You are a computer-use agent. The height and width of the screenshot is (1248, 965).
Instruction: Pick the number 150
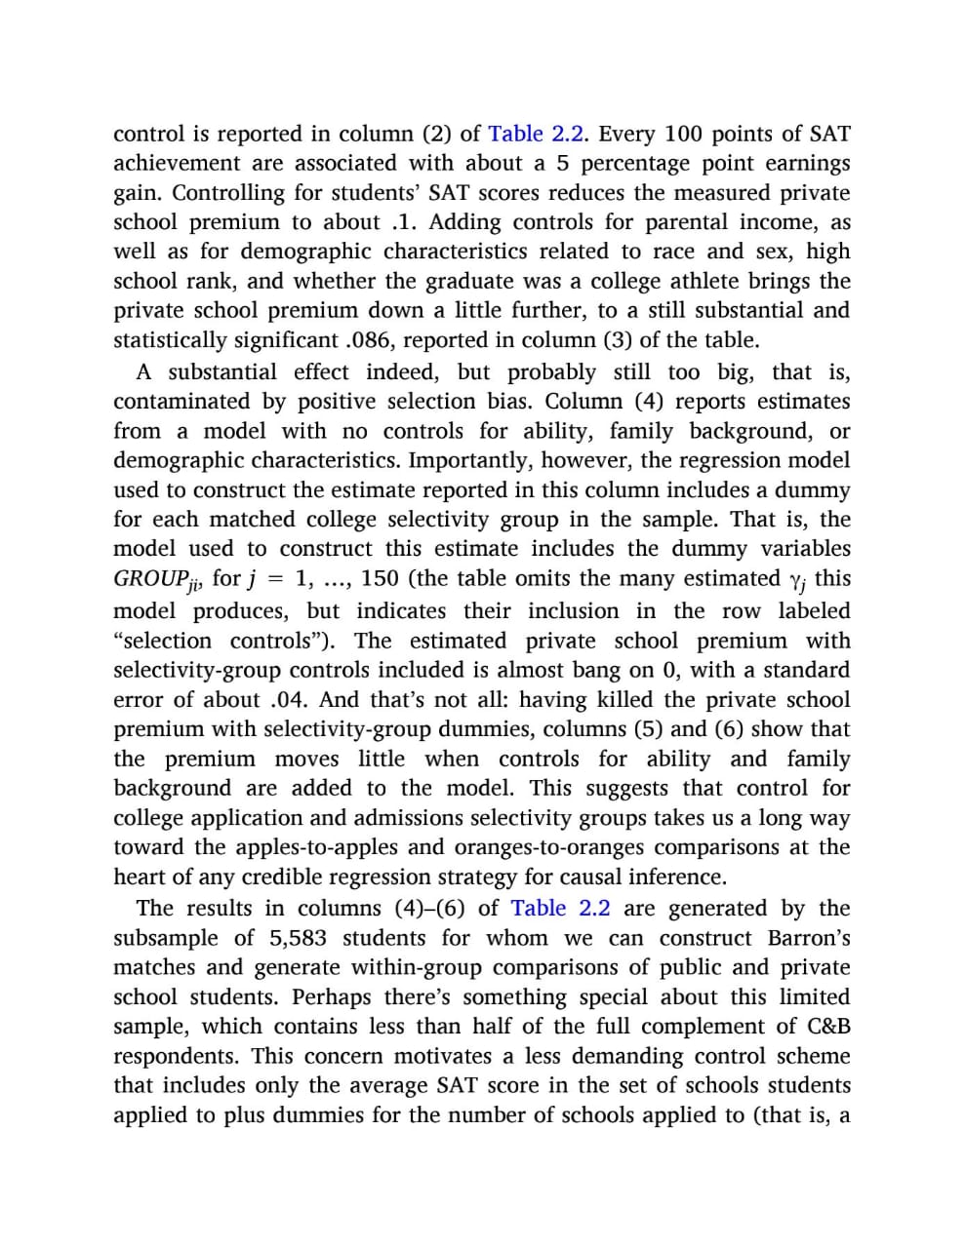[380, 578]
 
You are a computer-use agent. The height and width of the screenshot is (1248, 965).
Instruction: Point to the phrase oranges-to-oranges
[524, 847]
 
